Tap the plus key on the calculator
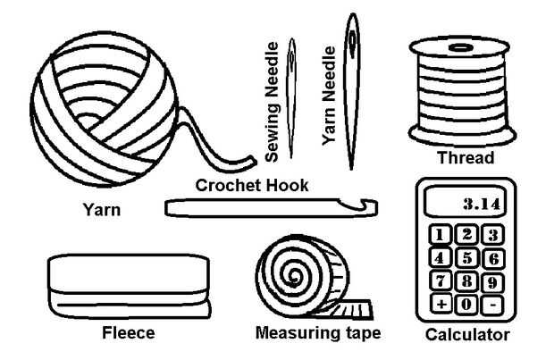[x=442, y=304]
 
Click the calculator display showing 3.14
[x=466, y=204]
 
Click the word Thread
[x=465, y=159]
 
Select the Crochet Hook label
[x=252, y=185]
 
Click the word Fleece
[x=129, y=332]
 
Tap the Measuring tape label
[x=318, y=333]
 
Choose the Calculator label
[x=467, y=335]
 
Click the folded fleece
[x=129, y=286]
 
